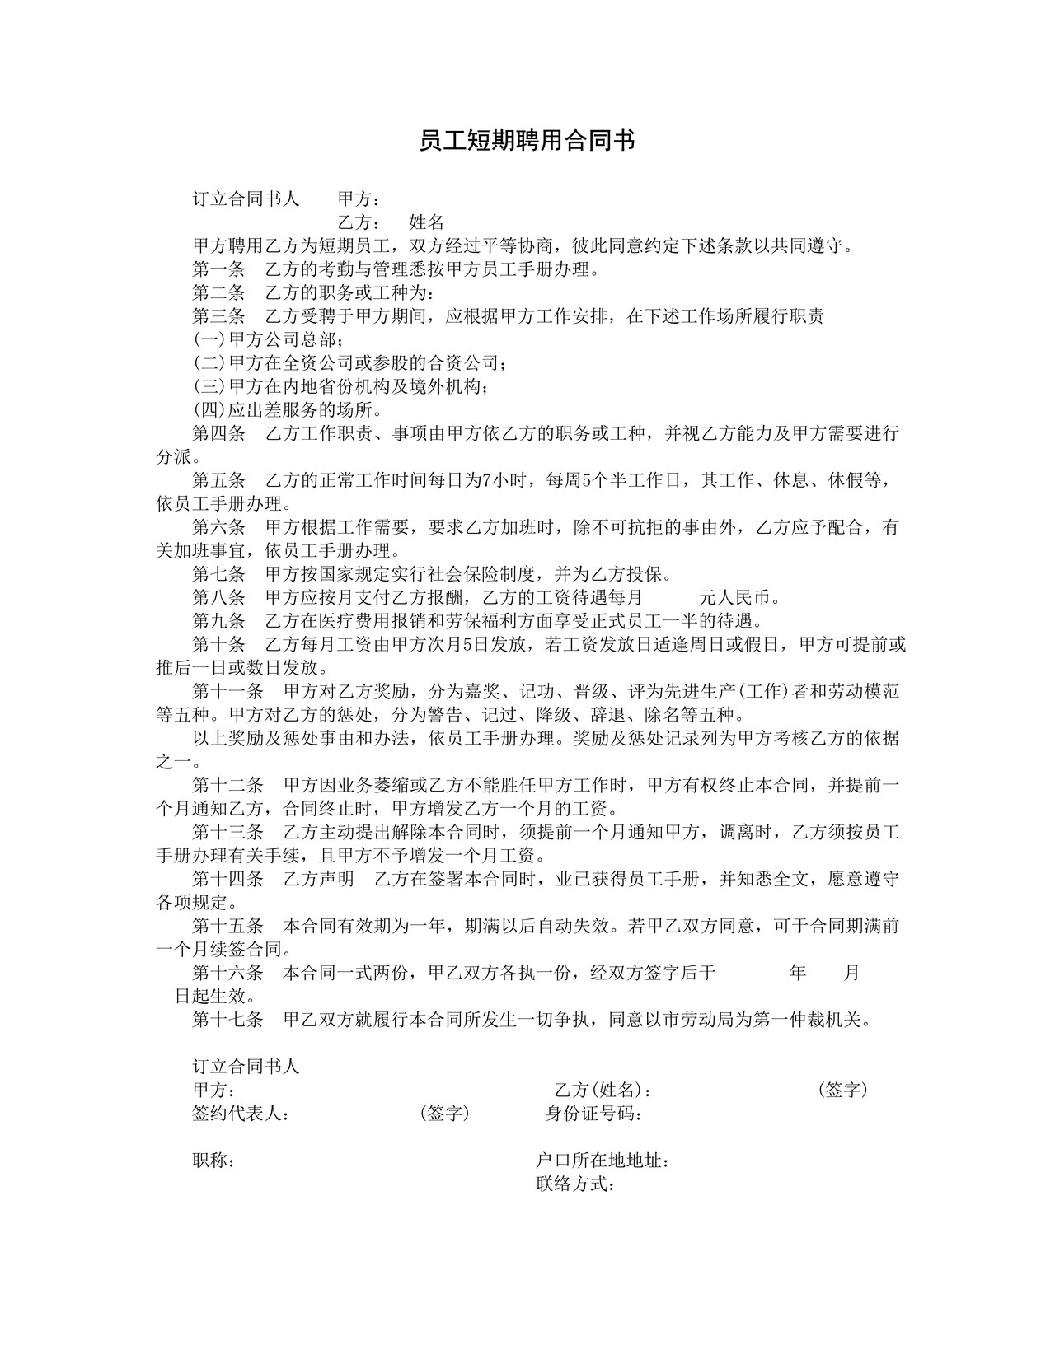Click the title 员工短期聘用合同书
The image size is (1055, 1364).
pyautogui.click(x=527, y=141)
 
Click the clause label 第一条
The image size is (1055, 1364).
pyautogui.click(x=218, y=269)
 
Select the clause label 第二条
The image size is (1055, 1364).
pyautogui.click(x=218, y=292)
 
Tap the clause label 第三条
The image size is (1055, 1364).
pyautogui.click(x=218, y=316)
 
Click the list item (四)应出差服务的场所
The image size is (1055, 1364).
pyautogui.click(x=287, y=409)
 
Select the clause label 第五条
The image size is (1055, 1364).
pyautogui.click(x=218, y=480)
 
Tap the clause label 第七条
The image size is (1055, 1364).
pyautogui.click(x=218, y=574)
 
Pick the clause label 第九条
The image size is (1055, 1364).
pyautogui.click(x=218, y=621)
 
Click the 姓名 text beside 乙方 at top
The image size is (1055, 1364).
pyautogui.click(x=427, y=222)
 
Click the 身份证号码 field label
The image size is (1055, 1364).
pyautogui.click(x=594, y=1114)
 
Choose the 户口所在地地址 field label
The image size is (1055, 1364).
pyautogui.click(x=603, y=1161)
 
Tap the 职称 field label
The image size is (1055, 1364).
pyautogui.click(x=213, y=1161)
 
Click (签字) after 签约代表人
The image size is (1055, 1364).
pyautogui.click(x=444, y=1114)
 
